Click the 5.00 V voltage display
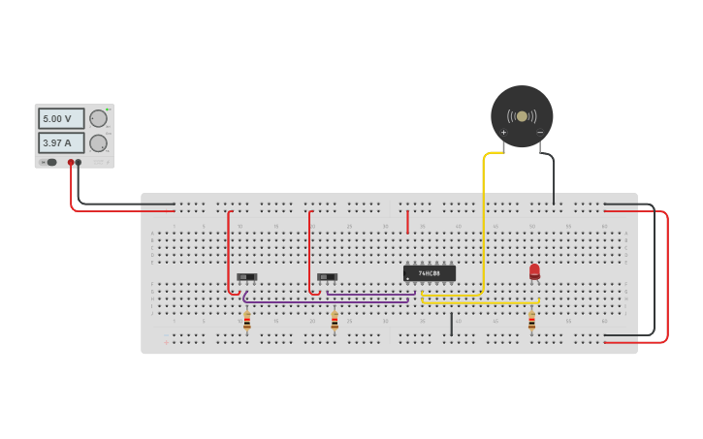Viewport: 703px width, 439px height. [60, 118]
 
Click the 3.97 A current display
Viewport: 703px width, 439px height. [60, 142]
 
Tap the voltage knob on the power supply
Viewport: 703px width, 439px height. [98, 118]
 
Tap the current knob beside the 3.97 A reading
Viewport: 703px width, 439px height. [98, 142]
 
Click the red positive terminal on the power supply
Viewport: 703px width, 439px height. [71, 163]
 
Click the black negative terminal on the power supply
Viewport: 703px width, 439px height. [79, 163]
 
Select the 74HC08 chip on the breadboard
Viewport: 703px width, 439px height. [429, 273]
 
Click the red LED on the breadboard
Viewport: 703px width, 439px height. [534, 271]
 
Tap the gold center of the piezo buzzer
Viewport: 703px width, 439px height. [522, 116]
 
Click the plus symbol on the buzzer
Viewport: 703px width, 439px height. [503, 133]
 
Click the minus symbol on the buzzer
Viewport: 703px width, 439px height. [540, 133]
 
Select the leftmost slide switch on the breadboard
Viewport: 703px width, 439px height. [247, 277]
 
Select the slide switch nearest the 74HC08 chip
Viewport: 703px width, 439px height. [328, 277]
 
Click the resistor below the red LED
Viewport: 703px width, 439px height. [531, 321]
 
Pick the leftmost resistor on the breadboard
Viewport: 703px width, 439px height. [247, 321]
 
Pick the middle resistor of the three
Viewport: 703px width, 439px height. [335, 321]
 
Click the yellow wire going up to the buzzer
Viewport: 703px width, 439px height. [483, 223]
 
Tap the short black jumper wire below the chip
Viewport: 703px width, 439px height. [451, 324]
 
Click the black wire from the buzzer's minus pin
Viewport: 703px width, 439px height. [554, 179]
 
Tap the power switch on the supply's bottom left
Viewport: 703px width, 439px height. [51, 163]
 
